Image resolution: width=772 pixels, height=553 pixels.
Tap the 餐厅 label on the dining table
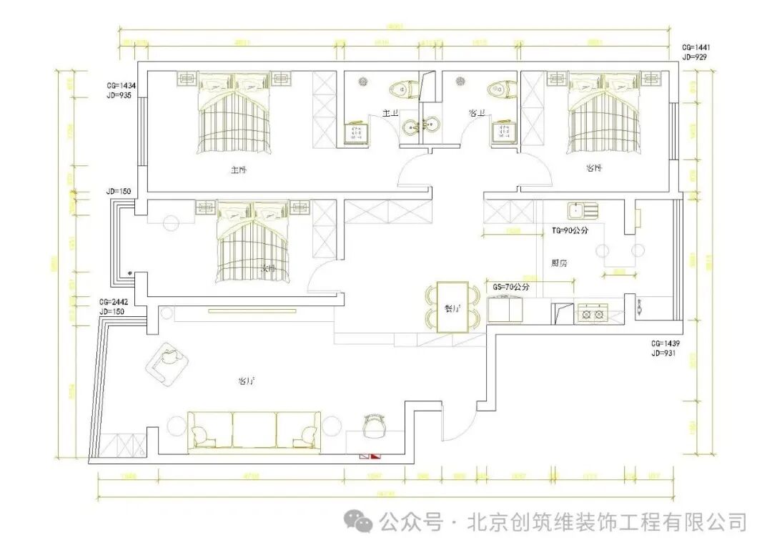click(452, 309)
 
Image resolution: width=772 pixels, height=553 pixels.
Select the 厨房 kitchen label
click(560, 263)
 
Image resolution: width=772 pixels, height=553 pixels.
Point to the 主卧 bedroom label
click(238, 170)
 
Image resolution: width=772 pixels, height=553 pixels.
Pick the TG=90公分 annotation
click(570, 231)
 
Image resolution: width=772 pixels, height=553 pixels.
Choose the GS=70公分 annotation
click(511, 286)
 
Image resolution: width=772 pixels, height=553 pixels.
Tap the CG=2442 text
click(114, 303)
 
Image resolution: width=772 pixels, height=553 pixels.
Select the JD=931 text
click(665, 353)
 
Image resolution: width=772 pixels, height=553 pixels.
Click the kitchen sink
click(583, 210)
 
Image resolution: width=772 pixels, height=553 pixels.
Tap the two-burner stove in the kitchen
click(593, 313)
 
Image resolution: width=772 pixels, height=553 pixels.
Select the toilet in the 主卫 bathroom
click(401, 89)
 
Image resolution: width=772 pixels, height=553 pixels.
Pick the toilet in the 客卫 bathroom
click(498, 89)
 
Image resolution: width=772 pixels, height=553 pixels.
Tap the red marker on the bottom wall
click(370, 455)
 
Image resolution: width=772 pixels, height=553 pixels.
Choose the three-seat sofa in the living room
click(254, 431)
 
